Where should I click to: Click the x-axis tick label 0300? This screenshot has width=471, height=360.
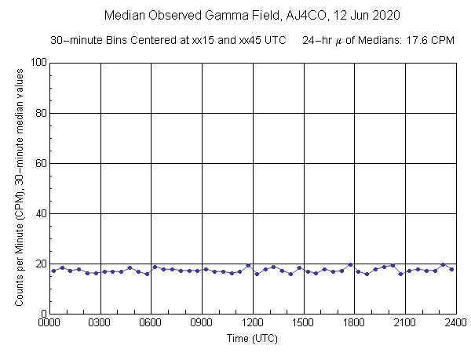pos(100,322)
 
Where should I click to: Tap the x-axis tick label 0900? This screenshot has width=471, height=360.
pos(202,322)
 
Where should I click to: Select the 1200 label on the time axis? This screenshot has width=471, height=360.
pos(253,322)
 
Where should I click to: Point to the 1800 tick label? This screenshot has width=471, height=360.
pos(354,322)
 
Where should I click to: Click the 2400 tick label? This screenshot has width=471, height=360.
pos(455,322)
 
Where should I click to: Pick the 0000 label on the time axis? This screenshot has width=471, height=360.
pos(49,322)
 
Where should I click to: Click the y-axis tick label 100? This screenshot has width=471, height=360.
pos(37,63)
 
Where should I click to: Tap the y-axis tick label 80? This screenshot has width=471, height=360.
pos(39,113)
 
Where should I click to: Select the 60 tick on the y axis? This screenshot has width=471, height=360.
pos(39,163)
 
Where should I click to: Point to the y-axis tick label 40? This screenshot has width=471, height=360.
pos(39,213)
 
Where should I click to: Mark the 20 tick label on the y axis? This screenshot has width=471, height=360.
pos(39,264)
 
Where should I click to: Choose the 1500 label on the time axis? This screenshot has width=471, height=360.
pos(304,322)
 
